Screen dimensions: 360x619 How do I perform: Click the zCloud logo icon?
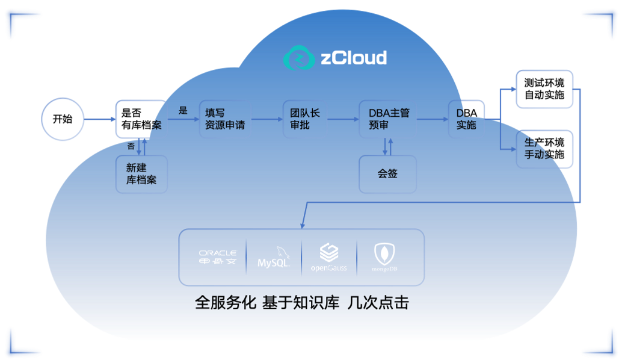coord(299,58)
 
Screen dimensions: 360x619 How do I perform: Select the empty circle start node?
coord(63,119)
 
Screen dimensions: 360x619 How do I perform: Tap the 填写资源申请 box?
coord(224,119)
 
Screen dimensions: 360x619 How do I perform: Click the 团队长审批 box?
coord(305,119)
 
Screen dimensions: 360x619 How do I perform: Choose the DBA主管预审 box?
coord(388,119)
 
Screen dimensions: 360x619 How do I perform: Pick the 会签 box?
coord(387,175)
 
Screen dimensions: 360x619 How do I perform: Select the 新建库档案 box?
coord(141,175)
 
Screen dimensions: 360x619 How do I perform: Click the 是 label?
coord(183,111)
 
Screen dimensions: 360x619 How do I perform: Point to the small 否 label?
coord(131,146)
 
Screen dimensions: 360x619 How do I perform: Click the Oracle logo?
coord(218,257)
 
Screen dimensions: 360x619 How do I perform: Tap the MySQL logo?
coord(274,257)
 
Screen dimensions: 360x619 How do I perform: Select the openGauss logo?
coord(328,257)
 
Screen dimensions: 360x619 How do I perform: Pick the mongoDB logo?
coord(384,257)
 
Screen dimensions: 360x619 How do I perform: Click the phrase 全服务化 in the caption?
coord(226,303)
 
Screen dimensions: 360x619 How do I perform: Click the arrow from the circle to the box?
coord(99,119)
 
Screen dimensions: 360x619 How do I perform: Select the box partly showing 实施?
coord(466,119)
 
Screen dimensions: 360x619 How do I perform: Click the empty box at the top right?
coord(544,89)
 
